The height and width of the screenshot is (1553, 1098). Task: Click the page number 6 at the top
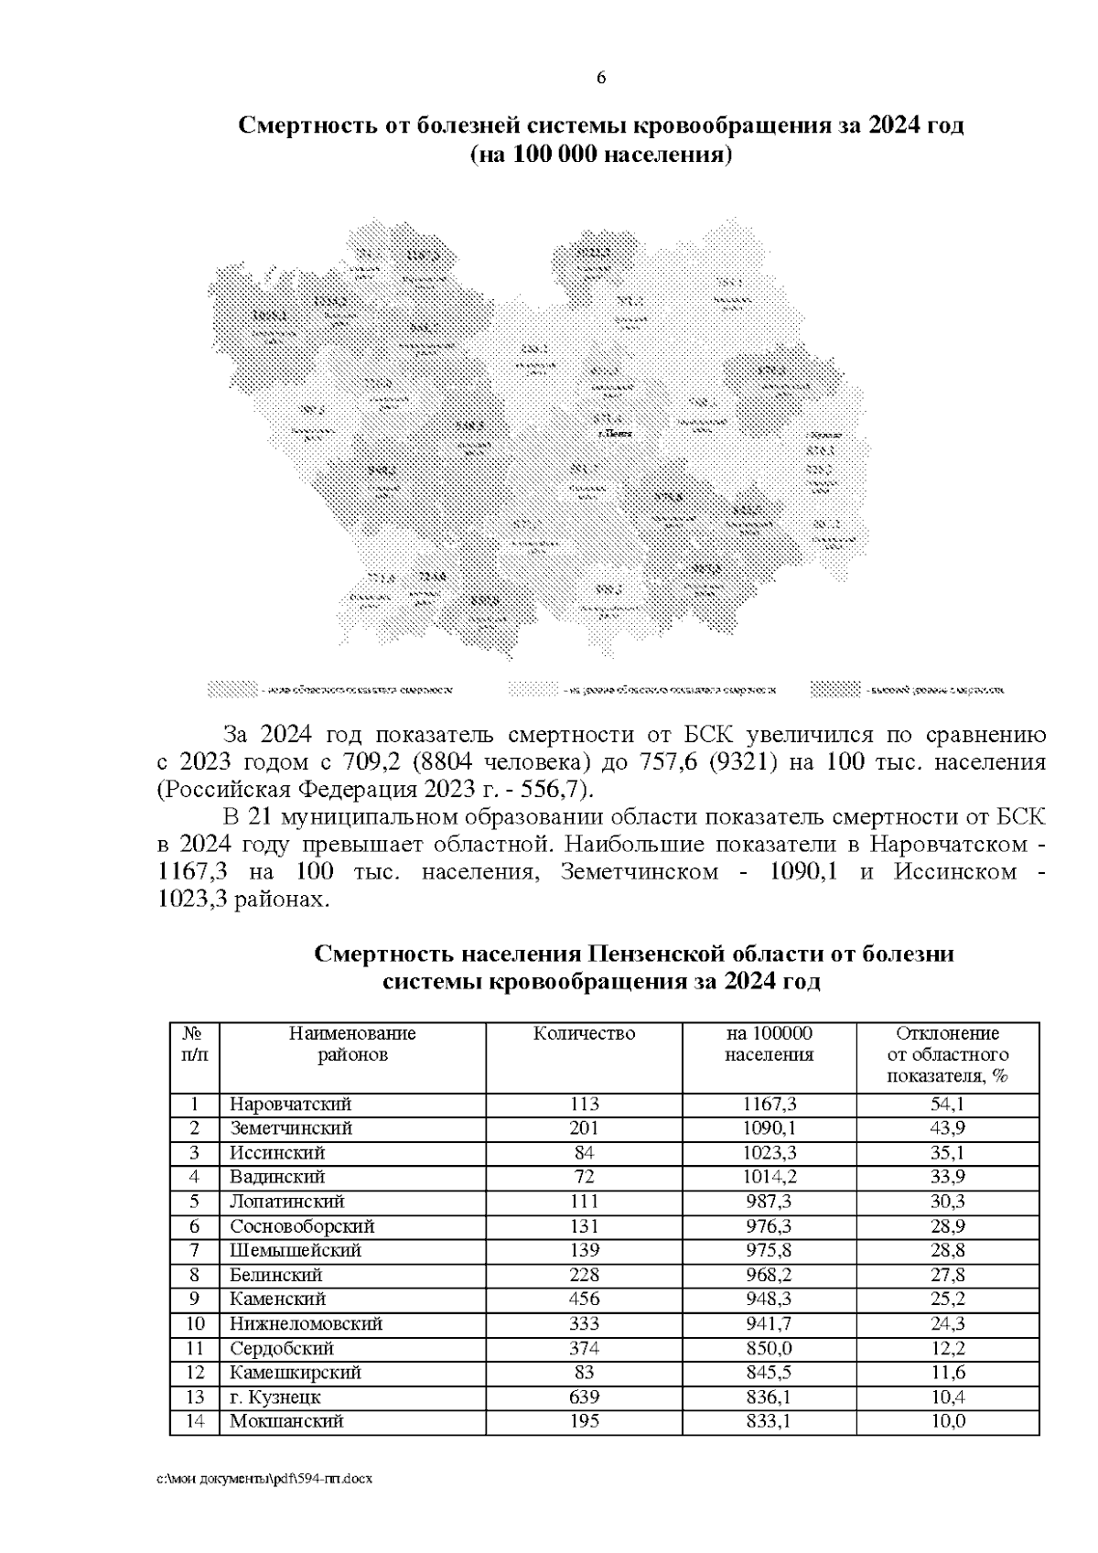click(601, 78)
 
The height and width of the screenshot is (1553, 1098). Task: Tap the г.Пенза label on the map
click(614, 433)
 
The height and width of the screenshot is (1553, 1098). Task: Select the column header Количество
click(584, 1034)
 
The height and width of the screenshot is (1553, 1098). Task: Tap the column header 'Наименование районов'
click(352, 1044)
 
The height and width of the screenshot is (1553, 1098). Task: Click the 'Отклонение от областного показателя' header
click(947, 1054)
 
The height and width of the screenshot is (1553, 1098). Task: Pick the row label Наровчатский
click(290, 1105)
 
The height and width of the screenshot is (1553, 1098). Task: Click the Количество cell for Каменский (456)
click(584, 1299)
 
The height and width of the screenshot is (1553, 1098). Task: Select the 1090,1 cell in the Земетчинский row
click(769, 1128)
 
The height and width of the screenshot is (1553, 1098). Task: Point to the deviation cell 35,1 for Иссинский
click(947, 1153)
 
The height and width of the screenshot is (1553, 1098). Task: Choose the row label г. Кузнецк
click(274, 1397)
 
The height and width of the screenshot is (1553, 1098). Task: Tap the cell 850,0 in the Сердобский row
click(769, 1348)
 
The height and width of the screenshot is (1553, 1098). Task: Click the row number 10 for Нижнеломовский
click(194, 1323)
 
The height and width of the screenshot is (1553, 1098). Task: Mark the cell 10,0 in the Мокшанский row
click(947, 1421)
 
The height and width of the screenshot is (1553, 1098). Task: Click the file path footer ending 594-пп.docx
click(264, 1504)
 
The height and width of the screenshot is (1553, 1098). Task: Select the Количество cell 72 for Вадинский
click(584, 1177)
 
